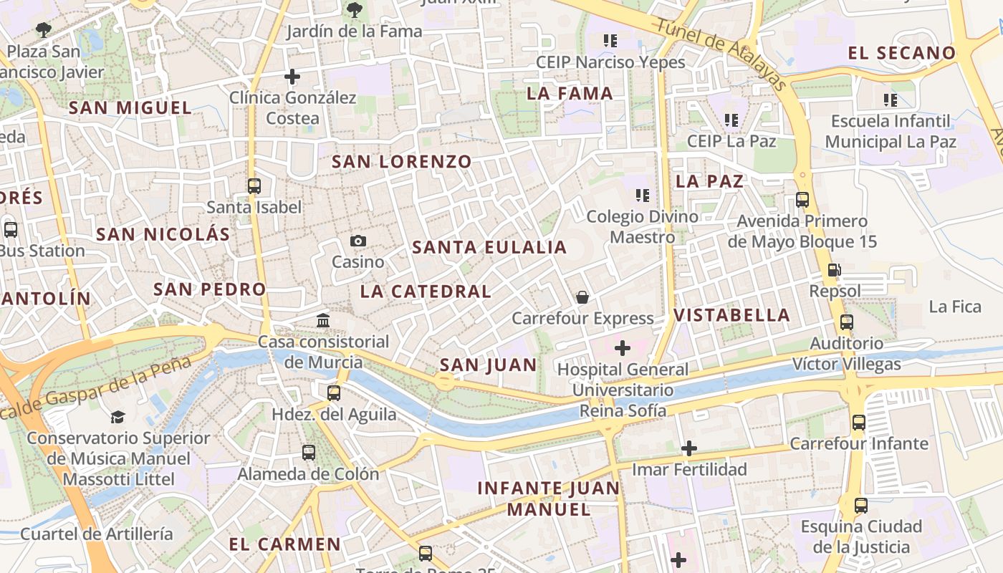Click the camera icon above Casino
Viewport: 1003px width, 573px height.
point(358,241)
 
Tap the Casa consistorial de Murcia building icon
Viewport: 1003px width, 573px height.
point(323,320)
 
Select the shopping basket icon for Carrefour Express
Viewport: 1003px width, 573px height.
point(582,297)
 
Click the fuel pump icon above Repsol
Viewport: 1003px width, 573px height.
point(835,270)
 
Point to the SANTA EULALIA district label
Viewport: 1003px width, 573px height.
point(489,248)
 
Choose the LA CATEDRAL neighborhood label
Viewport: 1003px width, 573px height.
point(426,292)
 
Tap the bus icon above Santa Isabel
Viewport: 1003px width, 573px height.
point(254,186)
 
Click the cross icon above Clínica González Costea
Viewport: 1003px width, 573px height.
point(292,76)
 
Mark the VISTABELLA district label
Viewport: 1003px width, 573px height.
point(731,315)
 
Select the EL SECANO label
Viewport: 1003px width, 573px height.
point(901,53)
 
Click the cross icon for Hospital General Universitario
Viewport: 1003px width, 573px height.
point(623,349)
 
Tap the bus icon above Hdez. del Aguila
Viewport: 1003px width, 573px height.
point(334,393)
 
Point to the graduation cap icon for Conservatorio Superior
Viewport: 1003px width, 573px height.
point(117,417)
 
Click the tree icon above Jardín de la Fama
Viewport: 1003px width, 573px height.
point(354,10)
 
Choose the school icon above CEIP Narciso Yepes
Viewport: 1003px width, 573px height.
point(610,41)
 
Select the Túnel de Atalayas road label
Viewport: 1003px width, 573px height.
point(721,54)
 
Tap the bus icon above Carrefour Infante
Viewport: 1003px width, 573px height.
point(859,423)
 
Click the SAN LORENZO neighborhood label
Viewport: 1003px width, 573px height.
point(401,162)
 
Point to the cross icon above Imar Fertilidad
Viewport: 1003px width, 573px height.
point(689,448)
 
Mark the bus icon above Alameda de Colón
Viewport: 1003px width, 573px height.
point(309,453)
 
